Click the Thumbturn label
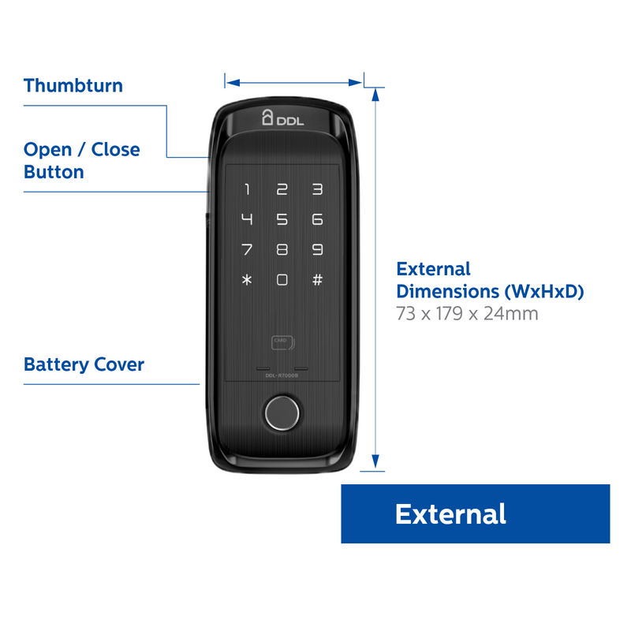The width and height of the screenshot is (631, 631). pyautogui.click(x=73, y=85)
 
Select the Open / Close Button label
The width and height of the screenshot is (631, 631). pyautogui.click(x=82, y=160)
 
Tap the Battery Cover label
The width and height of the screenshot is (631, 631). pyautogui.click(x=84, y=364)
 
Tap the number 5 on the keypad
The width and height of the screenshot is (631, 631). pyautogui.click(x=282, y=219)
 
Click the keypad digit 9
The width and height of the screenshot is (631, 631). pyautogui.click(x=317, y=250)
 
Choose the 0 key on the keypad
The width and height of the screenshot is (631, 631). pyautogui.click(x=282, y=280)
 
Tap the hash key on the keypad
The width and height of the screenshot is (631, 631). pyautogui.click(x=317, y=280)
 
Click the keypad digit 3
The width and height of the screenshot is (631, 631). pyautogui.click(x=317, y=189)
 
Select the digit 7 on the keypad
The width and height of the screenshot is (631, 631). pyautogui.click(x=247, y=250)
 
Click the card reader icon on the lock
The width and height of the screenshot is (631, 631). pyautogui.click(x=282, y=342)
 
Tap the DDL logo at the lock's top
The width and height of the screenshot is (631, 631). pyautogui.click(x=282, y=119)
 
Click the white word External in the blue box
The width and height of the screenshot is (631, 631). pyautogui.click(x=450, y=514)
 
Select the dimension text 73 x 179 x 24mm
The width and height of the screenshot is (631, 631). pyautogui.click(x=467, y=314)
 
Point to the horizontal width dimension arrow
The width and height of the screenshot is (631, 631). pyautogui.click(x=293, y=80)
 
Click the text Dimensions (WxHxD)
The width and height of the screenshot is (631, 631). pyautogui.click(x=490, y=291)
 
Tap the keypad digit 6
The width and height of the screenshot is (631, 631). pyautogui.click(x=317, y=219)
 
